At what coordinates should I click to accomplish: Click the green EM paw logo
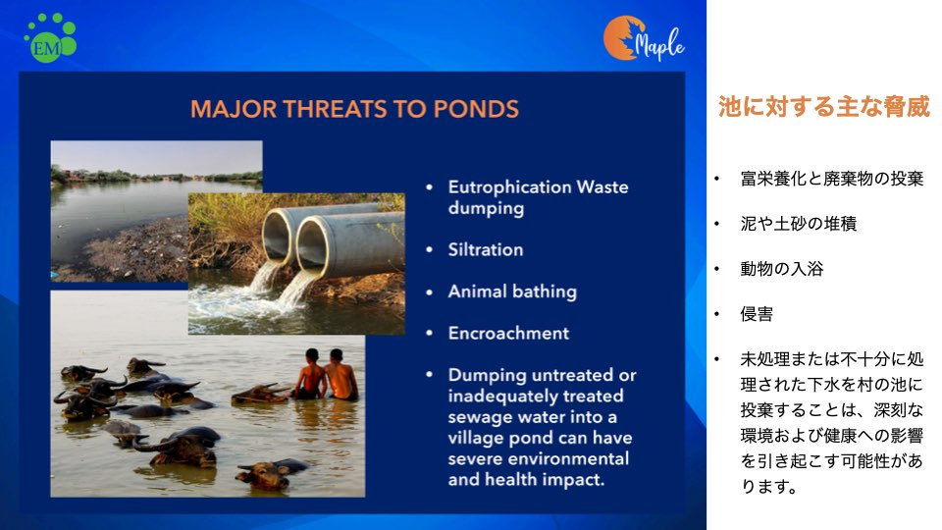click(50, 37)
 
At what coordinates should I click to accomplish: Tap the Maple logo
click(644, 39)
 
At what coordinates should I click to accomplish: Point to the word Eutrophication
click(509, 186)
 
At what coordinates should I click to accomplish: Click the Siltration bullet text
click(486, 249)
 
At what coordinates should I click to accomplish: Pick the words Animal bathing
click(512, 291)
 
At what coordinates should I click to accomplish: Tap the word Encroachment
click(508, 333)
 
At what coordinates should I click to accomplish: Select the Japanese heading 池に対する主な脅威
click(823, 106)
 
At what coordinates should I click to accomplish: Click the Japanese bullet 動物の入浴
click(782, 269)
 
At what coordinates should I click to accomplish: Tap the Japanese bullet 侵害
click(757, 314)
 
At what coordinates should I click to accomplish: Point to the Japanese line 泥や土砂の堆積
click(799, 224)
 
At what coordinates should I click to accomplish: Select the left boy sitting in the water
click(311, 374)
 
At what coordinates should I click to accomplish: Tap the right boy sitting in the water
click(340, 375)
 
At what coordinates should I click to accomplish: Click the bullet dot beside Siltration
click(429, 250)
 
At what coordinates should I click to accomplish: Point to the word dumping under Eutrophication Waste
click(486, 208)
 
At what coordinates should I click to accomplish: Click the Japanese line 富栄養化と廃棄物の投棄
click(831, 179)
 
